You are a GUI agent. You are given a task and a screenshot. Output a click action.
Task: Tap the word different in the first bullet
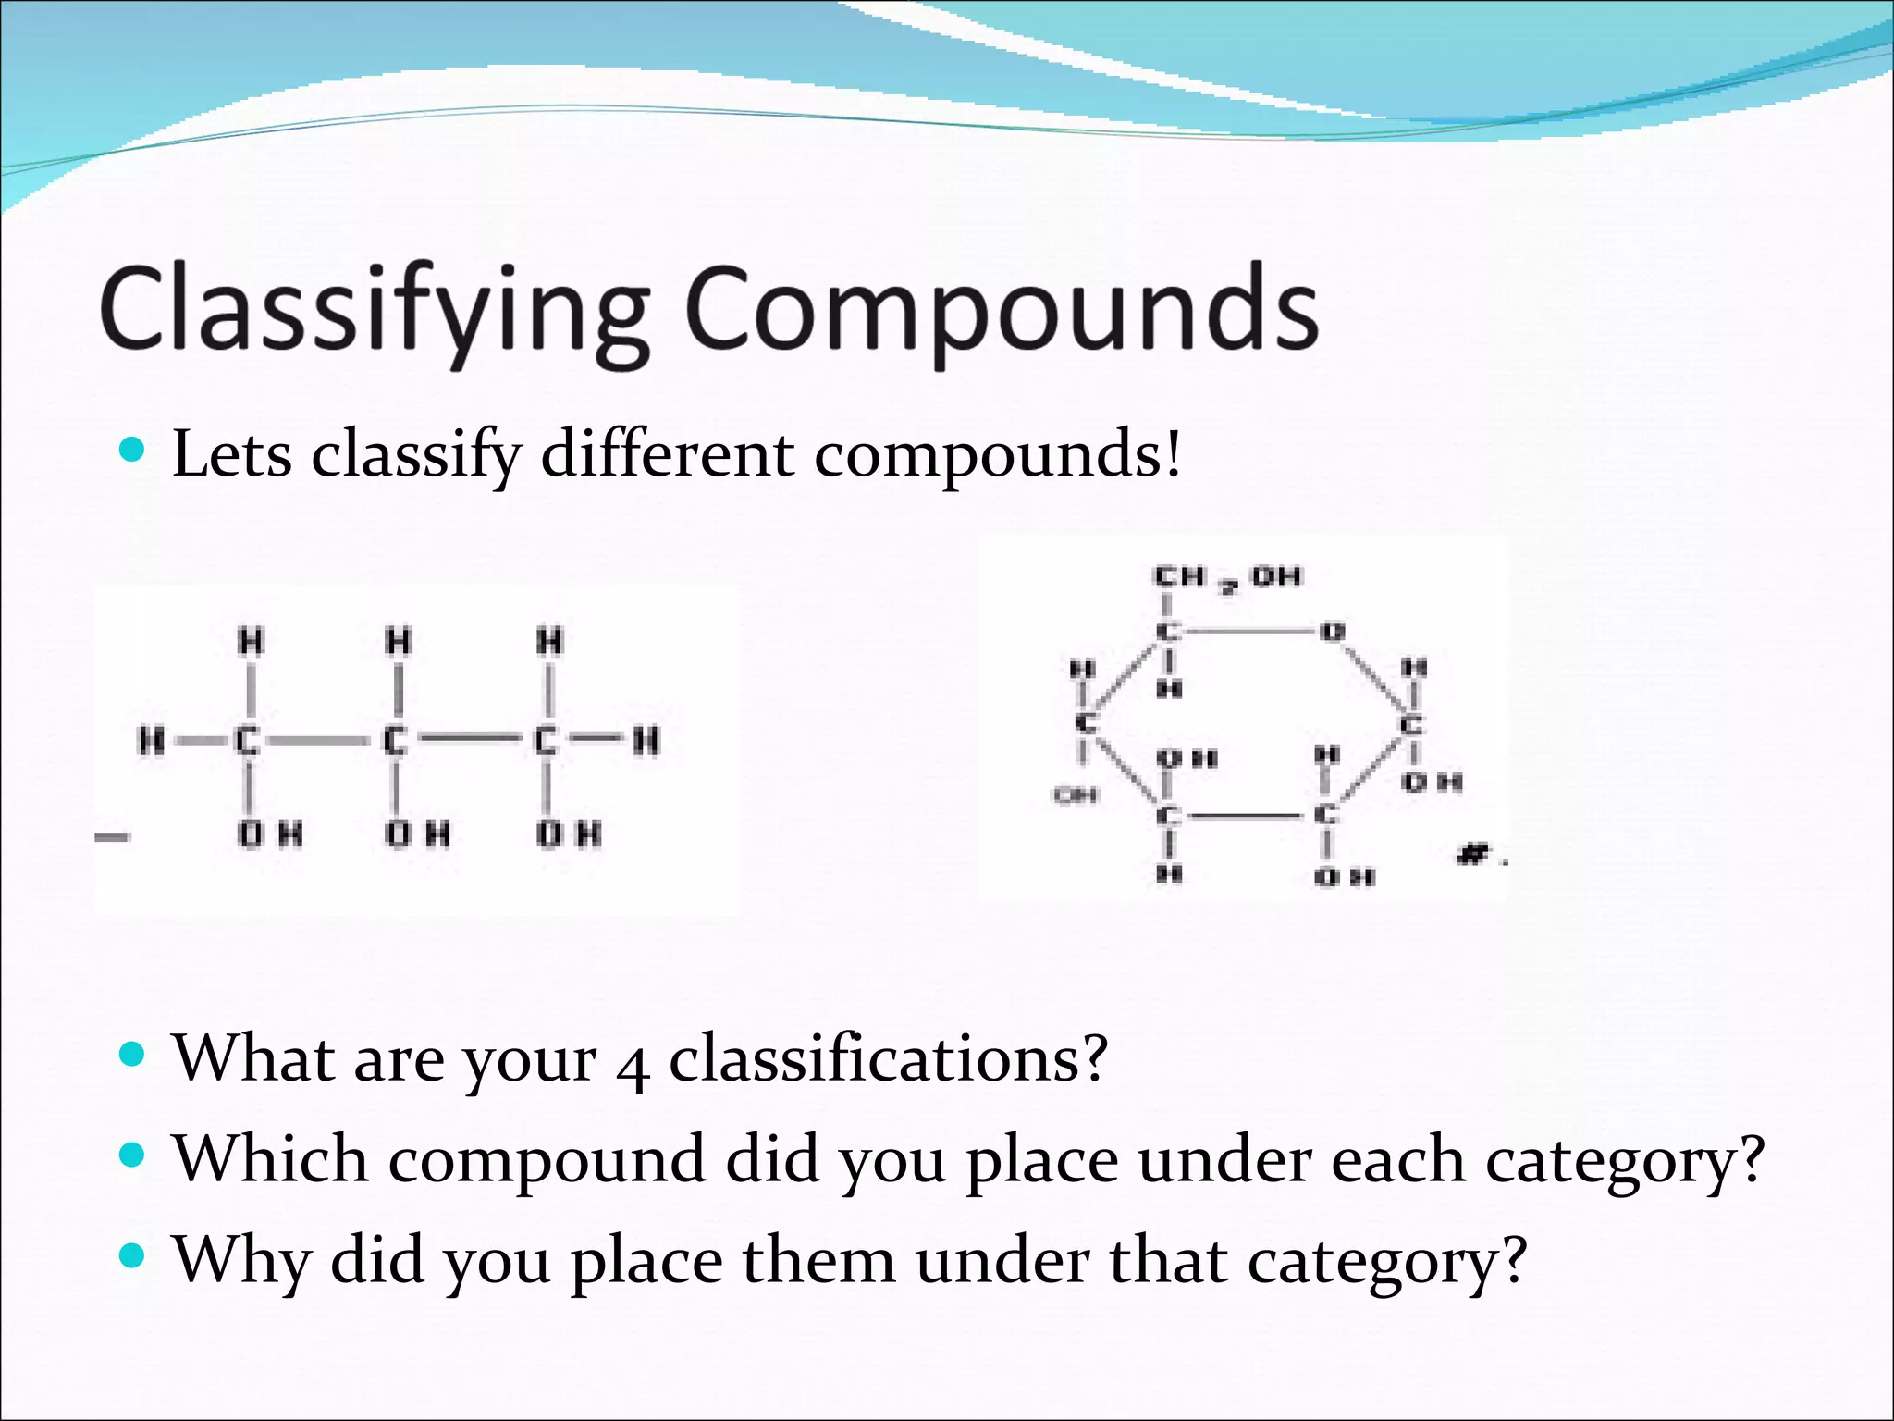pyautogui.click(x=667, y=454)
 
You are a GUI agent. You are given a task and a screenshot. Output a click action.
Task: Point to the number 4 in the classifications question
pyautogui.click(x=632, y=1064)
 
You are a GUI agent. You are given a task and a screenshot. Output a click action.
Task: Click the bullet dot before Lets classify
pyautogui.click(x=133, y=451)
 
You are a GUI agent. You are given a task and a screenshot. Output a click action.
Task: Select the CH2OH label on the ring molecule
pyautogui.click(x=1226, y=578)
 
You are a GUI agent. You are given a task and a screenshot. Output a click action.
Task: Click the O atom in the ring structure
pyautogui.click(x=1332, y=632)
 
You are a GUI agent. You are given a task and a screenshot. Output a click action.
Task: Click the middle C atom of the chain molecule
pyautogui.click(x=396, y=740)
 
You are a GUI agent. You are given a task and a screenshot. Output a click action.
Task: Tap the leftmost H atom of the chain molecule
pyautogui.click(x=151, y=740)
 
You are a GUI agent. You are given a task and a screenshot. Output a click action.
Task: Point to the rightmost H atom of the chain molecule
pyautogui.click(x=646, y=740)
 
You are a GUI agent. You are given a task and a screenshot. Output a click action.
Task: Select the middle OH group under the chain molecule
pyautogui.click(x=417, y=834)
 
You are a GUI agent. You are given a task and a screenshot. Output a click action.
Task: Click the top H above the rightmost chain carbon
pyautogui.click(x=549, y=641)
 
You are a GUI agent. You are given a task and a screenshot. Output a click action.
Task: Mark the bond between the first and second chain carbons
pyautogui.click(x=314, y=740)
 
